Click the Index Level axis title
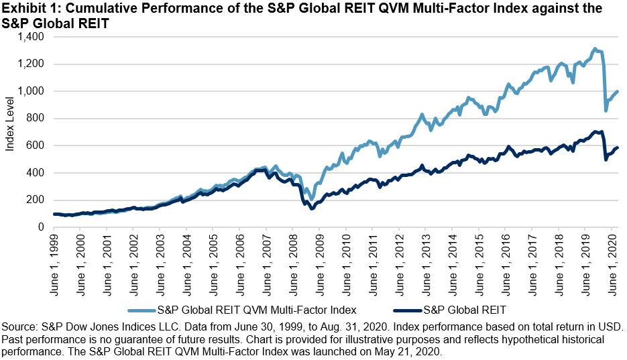coord(10,132)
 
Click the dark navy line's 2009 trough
coord(312,208)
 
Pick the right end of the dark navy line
coord(617,147)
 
